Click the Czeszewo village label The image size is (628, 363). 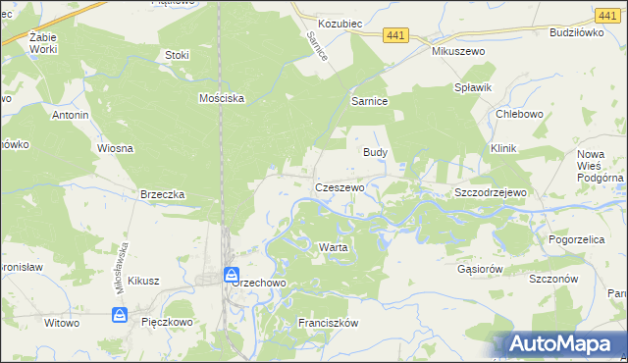340,186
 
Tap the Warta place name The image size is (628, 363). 333,247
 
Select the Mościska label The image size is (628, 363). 221,98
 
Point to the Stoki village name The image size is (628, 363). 178,55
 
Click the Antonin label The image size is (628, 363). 71,115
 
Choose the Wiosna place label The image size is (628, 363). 115,148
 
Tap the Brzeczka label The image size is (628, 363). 163,194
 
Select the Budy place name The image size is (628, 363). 376,152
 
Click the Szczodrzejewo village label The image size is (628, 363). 491,192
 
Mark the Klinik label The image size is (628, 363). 503,148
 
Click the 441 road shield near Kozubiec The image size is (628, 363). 396,35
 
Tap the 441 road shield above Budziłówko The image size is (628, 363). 606,15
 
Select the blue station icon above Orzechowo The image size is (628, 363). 232,274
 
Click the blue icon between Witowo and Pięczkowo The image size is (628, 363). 119,315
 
